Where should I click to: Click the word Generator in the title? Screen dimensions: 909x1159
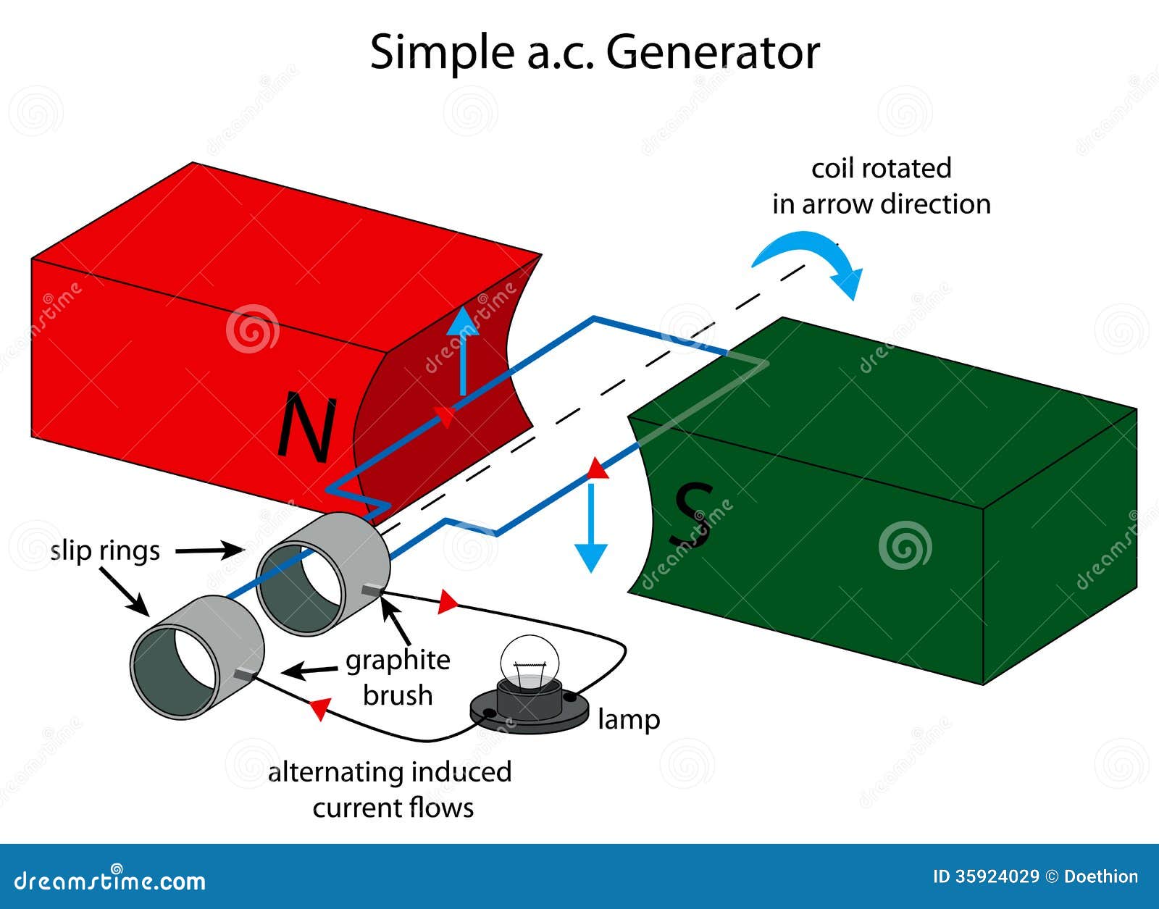point(713,52)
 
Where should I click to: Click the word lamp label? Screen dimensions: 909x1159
point(628,719)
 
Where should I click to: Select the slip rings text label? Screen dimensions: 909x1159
point(105,550)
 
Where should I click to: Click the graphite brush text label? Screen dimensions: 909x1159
point(398,677)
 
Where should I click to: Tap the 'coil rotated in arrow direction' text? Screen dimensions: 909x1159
point(881,186)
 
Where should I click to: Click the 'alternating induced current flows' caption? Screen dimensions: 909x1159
point(390,789)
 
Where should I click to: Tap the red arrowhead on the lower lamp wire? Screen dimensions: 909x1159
point(320,708)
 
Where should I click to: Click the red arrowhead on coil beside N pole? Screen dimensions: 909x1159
point(445,417)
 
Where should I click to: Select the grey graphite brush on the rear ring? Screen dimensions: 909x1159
point(371,592)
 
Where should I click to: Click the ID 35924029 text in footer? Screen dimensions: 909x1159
point(985,876)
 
